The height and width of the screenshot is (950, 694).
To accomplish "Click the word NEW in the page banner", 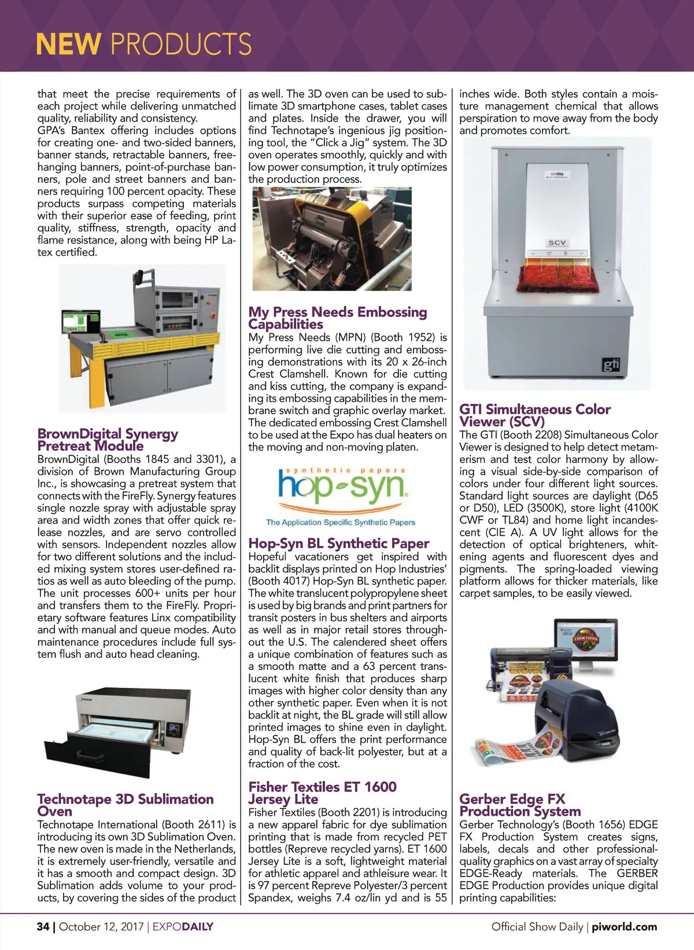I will click(68, 44).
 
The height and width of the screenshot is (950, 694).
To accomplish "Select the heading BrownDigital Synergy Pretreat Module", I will click(108, 440).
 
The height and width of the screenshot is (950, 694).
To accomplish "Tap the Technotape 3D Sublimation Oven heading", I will click(125, 805).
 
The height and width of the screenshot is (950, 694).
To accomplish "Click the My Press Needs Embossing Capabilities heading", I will click(337, 318).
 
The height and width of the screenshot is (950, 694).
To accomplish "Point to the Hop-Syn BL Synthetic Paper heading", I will click(338, 543).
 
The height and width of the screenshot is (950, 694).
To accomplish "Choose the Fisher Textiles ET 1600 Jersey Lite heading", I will click(322, 793).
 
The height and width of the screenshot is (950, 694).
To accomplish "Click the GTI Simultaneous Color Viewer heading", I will click(534, 415).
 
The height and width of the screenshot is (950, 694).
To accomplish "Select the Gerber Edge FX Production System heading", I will click(519, 805).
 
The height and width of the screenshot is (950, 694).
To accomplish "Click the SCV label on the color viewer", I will click(557, 242).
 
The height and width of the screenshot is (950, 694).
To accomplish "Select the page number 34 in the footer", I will click(43, 926).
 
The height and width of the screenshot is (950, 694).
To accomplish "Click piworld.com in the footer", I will click(624, 926).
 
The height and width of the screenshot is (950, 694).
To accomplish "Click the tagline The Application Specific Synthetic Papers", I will click(340, 522).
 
